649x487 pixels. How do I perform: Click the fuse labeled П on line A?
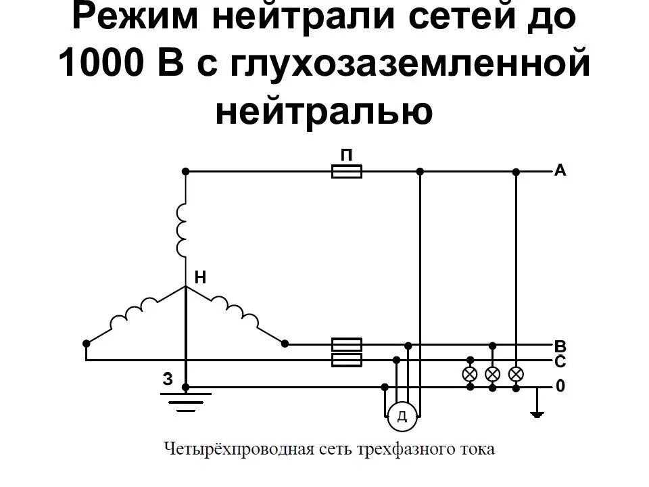pos(347,172)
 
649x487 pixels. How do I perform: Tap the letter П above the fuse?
pos(347,155)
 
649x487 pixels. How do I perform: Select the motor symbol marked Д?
pos(402,416)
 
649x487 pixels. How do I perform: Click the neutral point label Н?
pos(200,277)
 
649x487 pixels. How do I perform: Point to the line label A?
pos(560,170)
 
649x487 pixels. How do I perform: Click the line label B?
pos(560,346)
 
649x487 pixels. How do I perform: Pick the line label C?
pos(560,362)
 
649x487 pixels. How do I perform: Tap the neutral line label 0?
pos(560,386)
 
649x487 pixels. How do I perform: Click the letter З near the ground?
pos(168,379)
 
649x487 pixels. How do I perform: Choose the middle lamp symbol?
pos(493,373)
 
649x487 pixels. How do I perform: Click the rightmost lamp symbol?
pos(516,373)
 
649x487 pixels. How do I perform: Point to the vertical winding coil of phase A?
pos(183,230)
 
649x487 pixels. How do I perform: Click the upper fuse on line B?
pos(347,344)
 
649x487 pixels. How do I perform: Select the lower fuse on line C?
pos(347,360)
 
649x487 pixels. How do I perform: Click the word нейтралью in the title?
pos(324,110)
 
